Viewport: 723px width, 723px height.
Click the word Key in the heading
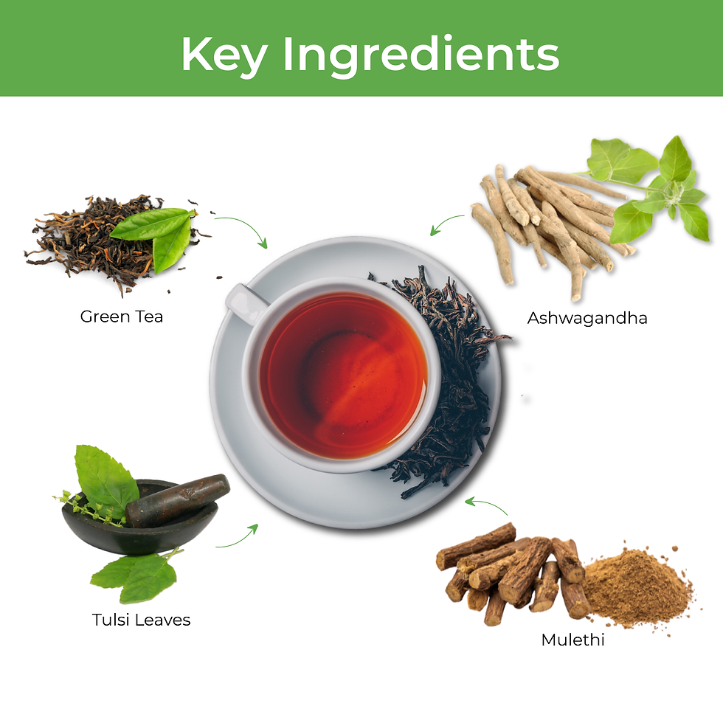pos(224,55)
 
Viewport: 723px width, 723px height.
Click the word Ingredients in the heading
pos(421,55)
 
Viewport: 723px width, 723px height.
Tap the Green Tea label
pos(122,316)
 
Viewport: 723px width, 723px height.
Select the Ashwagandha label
pos(587,318)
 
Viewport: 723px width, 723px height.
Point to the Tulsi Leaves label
pos(141,620)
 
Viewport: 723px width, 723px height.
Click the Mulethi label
pos(572,640)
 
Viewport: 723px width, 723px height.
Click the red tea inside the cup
pos(343,375)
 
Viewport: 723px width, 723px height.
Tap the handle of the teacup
pos(243,302)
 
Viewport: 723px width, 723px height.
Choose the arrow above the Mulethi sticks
pos(487,502)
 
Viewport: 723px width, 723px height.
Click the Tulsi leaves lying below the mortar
pos(134,575)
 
